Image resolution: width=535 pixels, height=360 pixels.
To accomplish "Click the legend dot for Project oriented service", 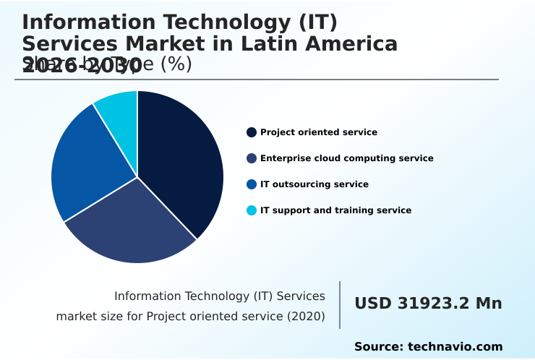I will coord(252,132).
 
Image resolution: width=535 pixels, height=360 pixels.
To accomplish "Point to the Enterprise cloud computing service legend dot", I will coord(252,158).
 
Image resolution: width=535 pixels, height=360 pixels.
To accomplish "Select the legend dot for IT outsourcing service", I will coord(252,184).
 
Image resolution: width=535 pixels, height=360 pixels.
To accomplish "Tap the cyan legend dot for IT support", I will coord(252,210).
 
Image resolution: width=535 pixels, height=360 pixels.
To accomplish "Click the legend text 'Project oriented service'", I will coord(319,132).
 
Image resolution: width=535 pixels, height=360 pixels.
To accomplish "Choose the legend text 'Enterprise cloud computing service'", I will coord(347,158).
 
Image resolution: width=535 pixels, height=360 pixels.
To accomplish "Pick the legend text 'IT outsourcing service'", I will coord(314,184).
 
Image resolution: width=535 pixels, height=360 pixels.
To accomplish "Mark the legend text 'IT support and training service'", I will coord(335,210).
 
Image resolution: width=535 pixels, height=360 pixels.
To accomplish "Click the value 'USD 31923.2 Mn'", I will coord(428,304).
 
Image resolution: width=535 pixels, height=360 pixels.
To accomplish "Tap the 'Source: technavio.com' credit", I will coord(428,347).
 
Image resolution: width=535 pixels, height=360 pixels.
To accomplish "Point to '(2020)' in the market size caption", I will coord(306,317).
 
